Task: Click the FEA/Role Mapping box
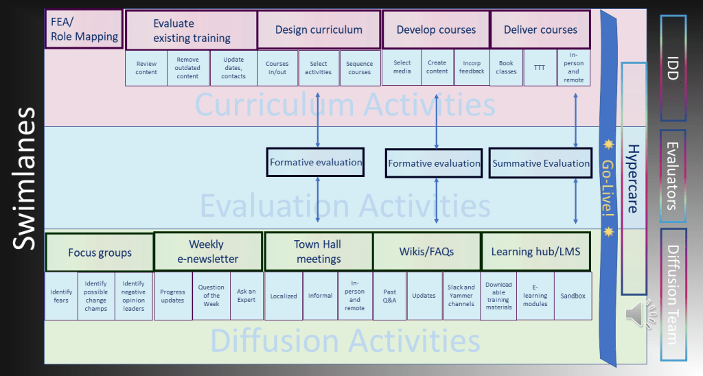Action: (84, 29)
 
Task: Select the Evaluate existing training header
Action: (192, 30)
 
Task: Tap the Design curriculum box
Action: (319, 30)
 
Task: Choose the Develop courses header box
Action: (436, 30)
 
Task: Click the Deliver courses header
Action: (540, 30)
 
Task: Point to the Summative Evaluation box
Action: (541, 163)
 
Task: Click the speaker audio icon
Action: (638, 315)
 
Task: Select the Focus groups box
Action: (100, 252)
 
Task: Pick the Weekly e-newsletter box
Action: (209, 252)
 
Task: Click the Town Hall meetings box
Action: (318, 252)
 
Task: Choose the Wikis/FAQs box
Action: (426, 252)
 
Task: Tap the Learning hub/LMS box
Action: (535, 252)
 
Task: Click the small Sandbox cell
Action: (573, 296)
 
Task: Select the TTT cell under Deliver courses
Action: (540, 68)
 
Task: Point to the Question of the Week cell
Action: (211, 296)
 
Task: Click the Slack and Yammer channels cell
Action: (461, 296)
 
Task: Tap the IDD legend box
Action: (673, 67)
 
